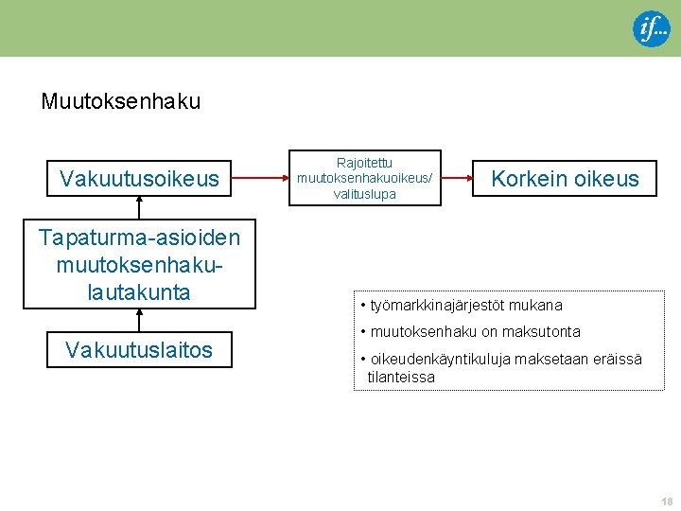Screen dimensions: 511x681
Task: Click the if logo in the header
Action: tap(651, 29)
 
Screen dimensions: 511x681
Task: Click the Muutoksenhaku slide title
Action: tap(120, 101)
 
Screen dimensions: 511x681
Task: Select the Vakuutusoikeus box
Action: tap(139, 178)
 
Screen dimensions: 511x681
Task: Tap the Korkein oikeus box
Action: tap(565, 178)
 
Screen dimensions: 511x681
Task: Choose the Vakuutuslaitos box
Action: tap(139, 350)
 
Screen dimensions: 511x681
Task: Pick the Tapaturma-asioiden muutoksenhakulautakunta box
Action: tap(139, 264)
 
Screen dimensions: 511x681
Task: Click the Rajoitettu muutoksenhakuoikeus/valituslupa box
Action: tap(364, 178)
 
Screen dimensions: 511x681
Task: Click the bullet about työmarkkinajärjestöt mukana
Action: tap(462, 305)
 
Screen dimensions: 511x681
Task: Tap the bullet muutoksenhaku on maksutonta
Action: tap(470, 331)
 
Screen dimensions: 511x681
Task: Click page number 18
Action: tap(667, 501)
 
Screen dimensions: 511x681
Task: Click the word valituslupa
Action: tap(364, 194)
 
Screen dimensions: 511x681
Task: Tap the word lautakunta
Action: tap(139, 292)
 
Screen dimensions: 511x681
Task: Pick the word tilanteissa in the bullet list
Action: tap(401, 377)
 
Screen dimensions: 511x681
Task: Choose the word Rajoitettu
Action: tap(364, 163)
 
